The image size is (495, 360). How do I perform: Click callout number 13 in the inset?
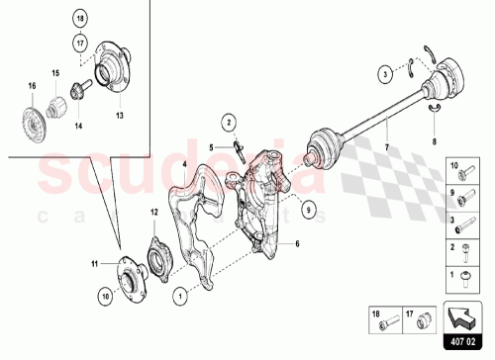(x=120, y=115)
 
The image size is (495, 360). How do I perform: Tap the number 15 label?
(x=55, y=74)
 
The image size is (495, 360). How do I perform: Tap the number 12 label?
(x=153, y=212)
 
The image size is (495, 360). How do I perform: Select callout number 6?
(x=296, y=242)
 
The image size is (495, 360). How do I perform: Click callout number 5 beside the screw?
(x=211, y=147)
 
